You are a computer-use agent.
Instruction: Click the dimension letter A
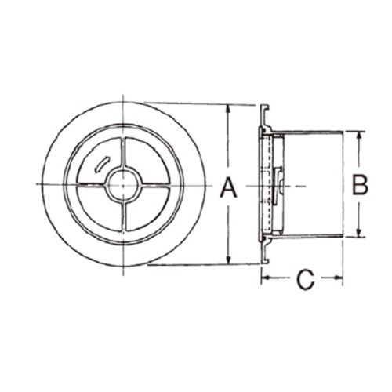click(228, 187)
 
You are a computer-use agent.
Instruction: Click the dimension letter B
click(360, 185)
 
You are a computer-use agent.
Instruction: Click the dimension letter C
click(305, 280)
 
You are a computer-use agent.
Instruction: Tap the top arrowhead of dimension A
click(229, 109)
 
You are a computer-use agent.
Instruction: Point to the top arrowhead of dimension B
click(359, 136)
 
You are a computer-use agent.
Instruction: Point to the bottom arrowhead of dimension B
click(359, 232)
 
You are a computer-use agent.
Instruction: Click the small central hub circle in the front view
click(123, 185)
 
